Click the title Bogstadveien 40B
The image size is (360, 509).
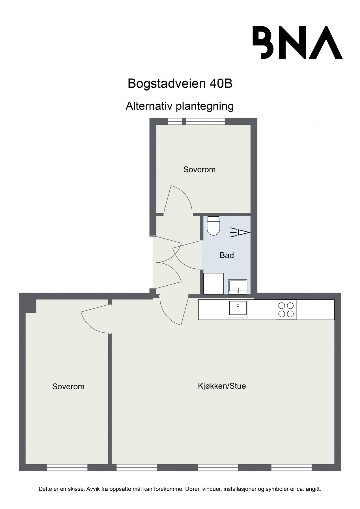click(x=180, y=83)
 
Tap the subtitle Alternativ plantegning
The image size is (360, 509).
click(x=180, y=106)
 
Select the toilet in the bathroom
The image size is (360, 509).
click(x=213, y=226)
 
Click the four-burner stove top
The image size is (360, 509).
click(x=286, y=310)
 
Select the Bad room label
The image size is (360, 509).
click(x=227, y=255)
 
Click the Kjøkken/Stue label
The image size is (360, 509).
click(x=222, y=386)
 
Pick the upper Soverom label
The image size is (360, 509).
click(x=199, y=169)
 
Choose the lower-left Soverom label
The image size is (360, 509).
click(x=68, y=387)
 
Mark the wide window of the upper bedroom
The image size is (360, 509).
click(x=206, y=121)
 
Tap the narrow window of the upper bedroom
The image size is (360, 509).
click(x=175, y=121)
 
